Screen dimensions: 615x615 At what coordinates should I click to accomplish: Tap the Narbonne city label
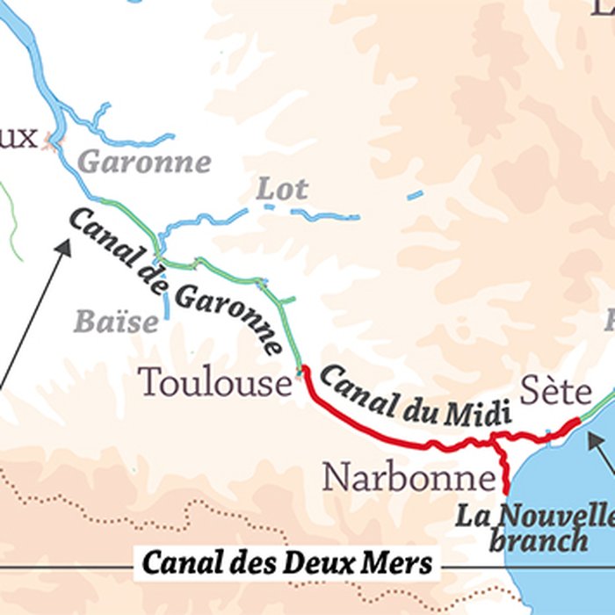point(409,477)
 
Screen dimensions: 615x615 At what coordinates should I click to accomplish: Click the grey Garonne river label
point(145,163)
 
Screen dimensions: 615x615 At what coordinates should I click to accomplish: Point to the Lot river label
point(282,189)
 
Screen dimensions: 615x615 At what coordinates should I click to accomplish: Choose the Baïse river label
point(116,322)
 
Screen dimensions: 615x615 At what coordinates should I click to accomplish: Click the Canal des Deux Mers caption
point(288,562)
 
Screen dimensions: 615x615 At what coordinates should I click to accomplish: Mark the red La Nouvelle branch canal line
point(505,470)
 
